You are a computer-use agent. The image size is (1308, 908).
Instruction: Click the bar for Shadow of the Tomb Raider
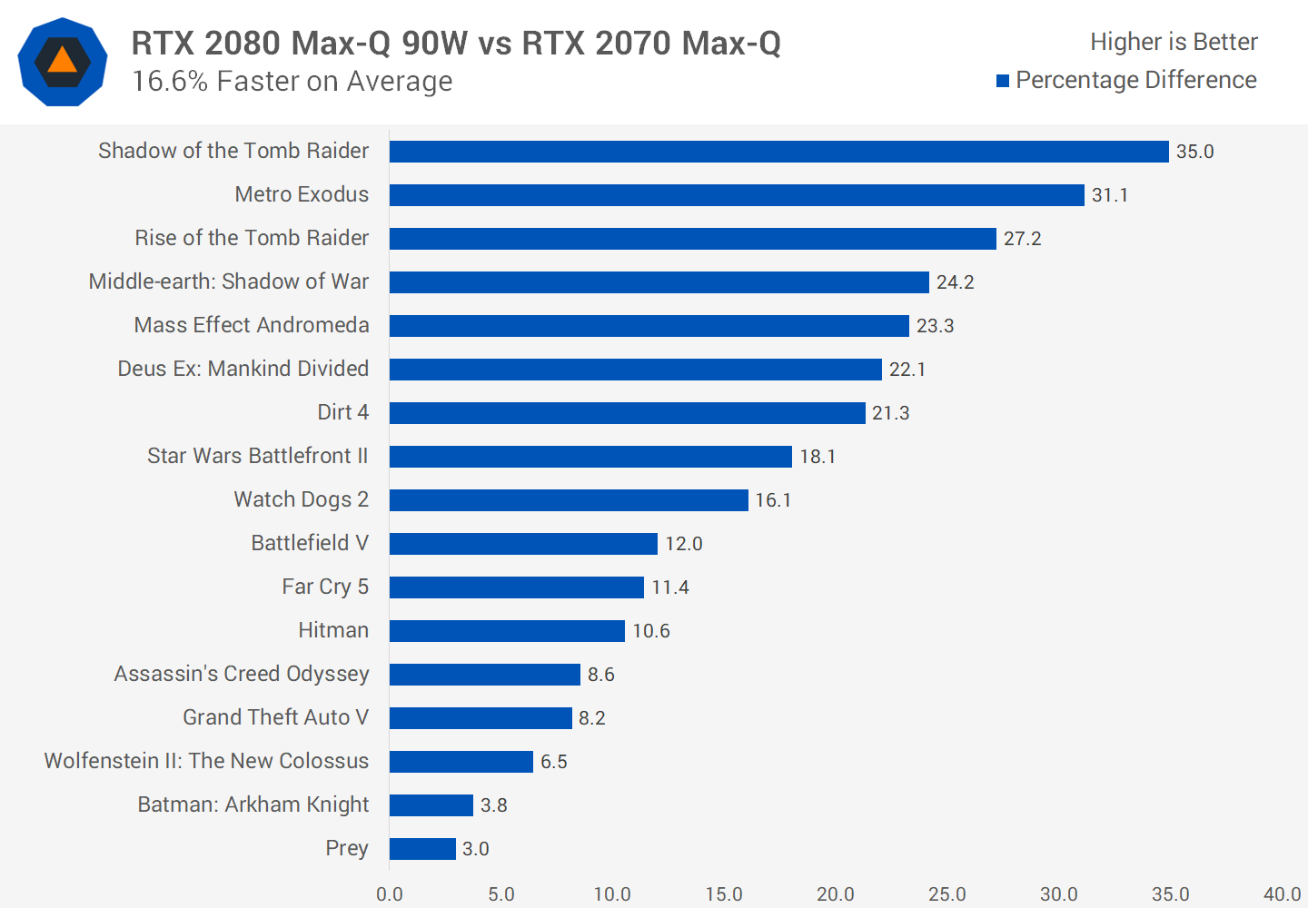click(x=778, y=152)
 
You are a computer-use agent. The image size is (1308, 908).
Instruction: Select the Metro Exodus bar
click(x=737, y=195)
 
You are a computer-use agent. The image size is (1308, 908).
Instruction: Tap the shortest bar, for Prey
click(x=422, y=849)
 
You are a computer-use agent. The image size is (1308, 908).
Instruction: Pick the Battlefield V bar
click(x=523, y=544)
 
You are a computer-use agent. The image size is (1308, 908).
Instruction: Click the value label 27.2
click(x=1022, y=239)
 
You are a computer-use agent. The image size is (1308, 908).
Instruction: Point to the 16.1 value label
click(x=773, y=500)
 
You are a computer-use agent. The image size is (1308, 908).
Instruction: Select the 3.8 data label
click(x=493, y=805)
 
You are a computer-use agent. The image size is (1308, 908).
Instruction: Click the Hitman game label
click(x=333, y=630)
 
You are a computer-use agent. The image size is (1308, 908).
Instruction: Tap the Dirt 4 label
click(x=342, y=412)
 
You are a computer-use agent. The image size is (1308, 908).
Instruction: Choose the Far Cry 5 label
click(x=325, y=587)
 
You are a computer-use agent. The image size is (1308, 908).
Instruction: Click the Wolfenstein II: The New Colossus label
click(x=206, y=761)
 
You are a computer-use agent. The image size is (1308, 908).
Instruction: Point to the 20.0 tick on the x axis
click(x=835, y=894)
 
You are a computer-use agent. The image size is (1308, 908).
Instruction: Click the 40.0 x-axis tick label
click(x=1282, y=894)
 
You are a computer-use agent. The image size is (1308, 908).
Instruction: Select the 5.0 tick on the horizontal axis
click(x=500, y=894)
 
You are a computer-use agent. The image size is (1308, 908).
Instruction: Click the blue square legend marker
click(x=1003, y=81)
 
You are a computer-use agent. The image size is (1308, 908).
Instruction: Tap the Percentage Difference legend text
click(x=1135, y=80)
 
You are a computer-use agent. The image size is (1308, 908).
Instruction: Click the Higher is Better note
click(x=1174, y=42)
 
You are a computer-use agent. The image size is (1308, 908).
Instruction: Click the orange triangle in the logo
click(x=62, y=61)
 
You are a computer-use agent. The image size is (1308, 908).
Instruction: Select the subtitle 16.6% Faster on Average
click(x=292, y=82)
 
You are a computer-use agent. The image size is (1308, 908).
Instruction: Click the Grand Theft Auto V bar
click(x=481, y=718)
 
